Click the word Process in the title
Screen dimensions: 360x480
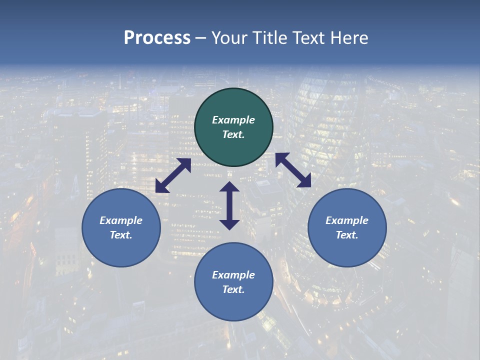pyautogui.click(x=157, y=38)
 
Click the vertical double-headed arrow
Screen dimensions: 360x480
pyautogui.click(x=229, y=205)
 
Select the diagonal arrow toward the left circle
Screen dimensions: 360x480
pyautogui.click(x=173, y=175)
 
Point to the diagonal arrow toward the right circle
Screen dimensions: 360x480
pyautogui.click(x=293, y=170)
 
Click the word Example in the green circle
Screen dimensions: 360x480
pyautogui.click(x=233, y=120)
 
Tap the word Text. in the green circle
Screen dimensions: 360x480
pyautogui.click(x=233, y=134)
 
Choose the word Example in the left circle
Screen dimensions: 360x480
pyautogui.click(x=121, y=220)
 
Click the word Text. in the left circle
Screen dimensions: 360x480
pyautogui.click(x=121, y=235)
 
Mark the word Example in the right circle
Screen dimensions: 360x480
pyautogui.click(x=347, y=220)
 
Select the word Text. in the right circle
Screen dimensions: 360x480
pyautogui.click(x=347, y=235)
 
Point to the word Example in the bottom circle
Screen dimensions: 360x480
pyautogui.click(x=233, y=275)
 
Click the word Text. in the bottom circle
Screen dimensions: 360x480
pyautogui.click(x=233, y=289)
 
